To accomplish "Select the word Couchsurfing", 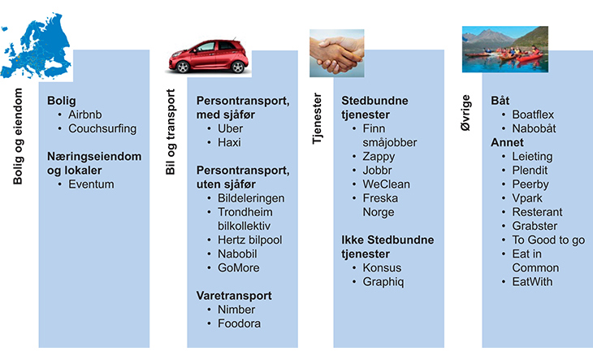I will click(102, 128).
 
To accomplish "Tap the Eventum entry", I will click(91, 184).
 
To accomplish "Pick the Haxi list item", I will click(231, 142).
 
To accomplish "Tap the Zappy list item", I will click(379, 156).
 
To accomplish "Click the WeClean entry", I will click(386, 184).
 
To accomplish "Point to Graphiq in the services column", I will click(383, 282).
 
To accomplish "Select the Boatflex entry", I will click(533, 115).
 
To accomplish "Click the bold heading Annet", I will click(508, 142).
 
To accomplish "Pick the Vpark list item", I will click(527, 197).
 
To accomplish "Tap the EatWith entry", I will click(533, 282).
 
